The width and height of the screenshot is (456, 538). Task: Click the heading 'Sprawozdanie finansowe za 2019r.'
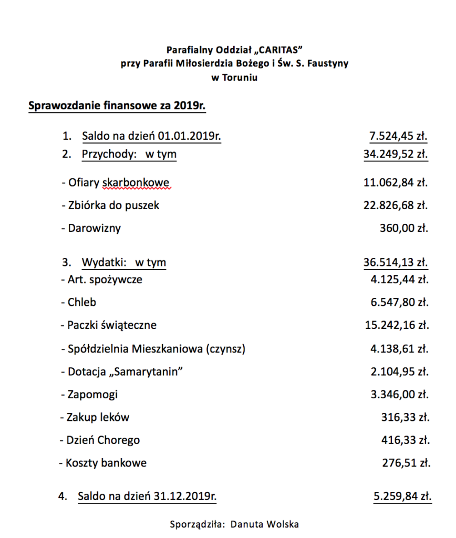(117, 106)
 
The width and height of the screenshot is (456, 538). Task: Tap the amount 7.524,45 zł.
(398, 137)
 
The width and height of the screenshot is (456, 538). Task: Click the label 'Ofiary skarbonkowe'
(118, 183)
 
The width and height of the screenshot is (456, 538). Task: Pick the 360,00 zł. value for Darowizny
(403, 228)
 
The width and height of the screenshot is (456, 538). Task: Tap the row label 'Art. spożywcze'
(105, 280)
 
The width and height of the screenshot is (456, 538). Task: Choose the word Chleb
(82, 302)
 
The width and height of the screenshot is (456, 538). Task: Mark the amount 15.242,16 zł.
(397, 325)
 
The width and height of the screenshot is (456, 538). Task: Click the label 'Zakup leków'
(98, 418)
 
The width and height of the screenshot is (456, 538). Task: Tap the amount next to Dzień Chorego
(405, 440)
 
